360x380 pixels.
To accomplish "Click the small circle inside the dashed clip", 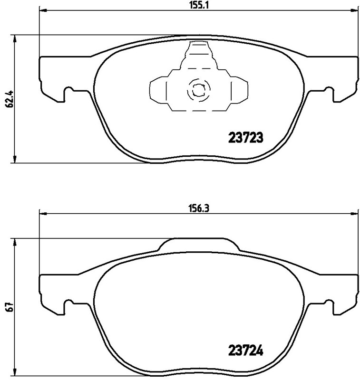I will [x=197, y=89].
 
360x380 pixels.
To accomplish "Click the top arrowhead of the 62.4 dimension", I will [x=16, y=38].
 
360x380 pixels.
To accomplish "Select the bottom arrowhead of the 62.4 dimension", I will [x=16, y=160].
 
